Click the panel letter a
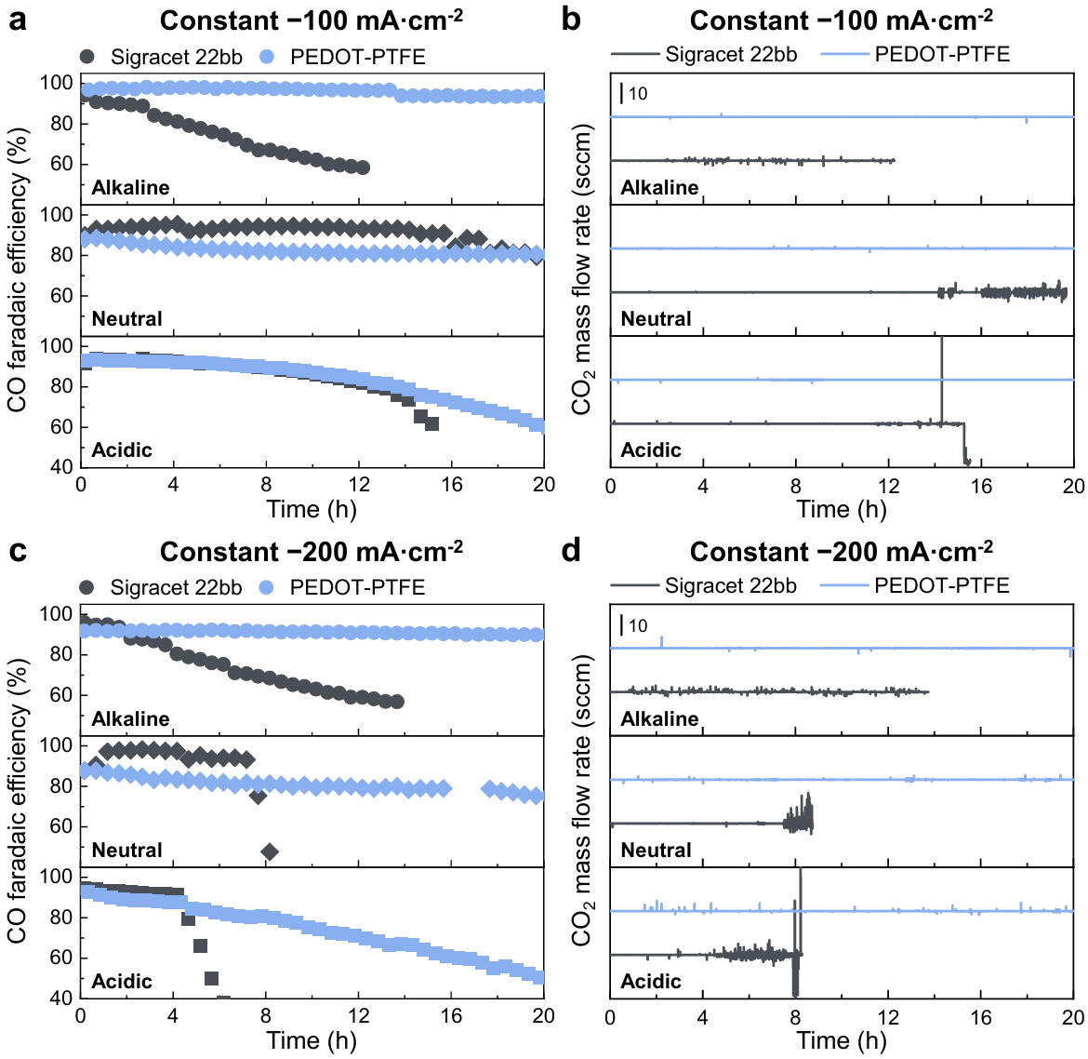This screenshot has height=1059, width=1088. (17, 19)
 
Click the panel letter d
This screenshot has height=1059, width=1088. (572, 551)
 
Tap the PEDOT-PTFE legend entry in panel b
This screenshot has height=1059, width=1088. (941, 53)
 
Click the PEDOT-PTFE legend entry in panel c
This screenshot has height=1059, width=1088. (357, 587)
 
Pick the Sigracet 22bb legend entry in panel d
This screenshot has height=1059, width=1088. (730, 585)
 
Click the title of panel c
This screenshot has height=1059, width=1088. (311, 552)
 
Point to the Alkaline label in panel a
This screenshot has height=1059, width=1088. (130, 188)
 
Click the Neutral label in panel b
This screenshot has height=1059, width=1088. (656, 319)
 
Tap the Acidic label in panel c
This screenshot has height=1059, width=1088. (122, 982)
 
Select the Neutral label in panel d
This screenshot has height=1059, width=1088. (656, 851)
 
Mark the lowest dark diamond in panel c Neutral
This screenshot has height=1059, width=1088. (270, 851)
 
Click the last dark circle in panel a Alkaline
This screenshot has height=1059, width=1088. (363, 168)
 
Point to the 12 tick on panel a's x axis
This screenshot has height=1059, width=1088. (358, 485)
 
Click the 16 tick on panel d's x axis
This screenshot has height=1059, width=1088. (980, 1016)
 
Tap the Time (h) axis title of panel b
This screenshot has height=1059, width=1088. (841, 509)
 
